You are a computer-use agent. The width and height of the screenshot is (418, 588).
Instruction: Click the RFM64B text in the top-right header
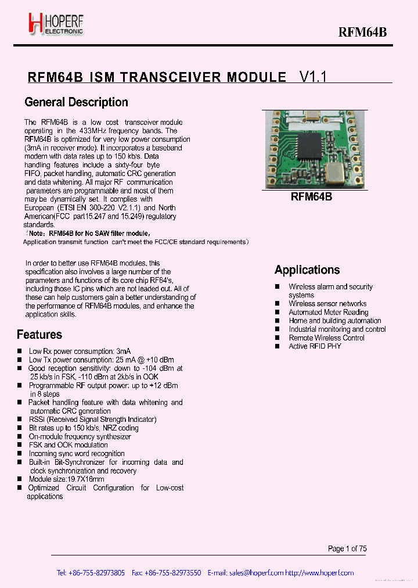[x=362, y=33]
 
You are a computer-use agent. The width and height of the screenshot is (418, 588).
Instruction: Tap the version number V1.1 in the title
[x=312, y=77]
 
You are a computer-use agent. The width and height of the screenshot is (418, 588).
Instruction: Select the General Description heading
[x=76, y=102]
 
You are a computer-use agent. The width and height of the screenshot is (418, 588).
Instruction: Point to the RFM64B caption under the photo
[x=311, y=197]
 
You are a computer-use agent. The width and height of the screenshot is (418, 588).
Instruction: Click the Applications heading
[x=307, y=270]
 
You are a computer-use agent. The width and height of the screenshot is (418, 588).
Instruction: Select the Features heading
[x=39, y=335]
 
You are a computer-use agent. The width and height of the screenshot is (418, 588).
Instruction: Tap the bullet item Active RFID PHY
[x=315, y=346]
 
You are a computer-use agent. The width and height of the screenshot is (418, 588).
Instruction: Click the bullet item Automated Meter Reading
[x=328, y=312]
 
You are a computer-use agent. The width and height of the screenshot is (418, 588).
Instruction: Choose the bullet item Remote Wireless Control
[x=326, y=338]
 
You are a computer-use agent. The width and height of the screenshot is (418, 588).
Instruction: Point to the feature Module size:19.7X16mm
[x=66, y=479]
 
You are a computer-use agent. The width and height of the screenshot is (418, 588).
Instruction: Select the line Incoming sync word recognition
[x=77, y=454]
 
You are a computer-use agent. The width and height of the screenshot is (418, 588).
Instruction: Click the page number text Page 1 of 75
[x=347, y=548]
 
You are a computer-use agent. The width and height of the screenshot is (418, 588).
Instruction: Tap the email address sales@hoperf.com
[x=256, y=573]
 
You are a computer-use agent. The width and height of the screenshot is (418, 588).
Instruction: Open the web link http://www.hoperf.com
[x=319, y=573]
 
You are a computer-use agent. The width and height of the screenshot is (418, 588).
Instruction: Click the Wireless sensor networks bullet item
[x=327, y=304]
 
